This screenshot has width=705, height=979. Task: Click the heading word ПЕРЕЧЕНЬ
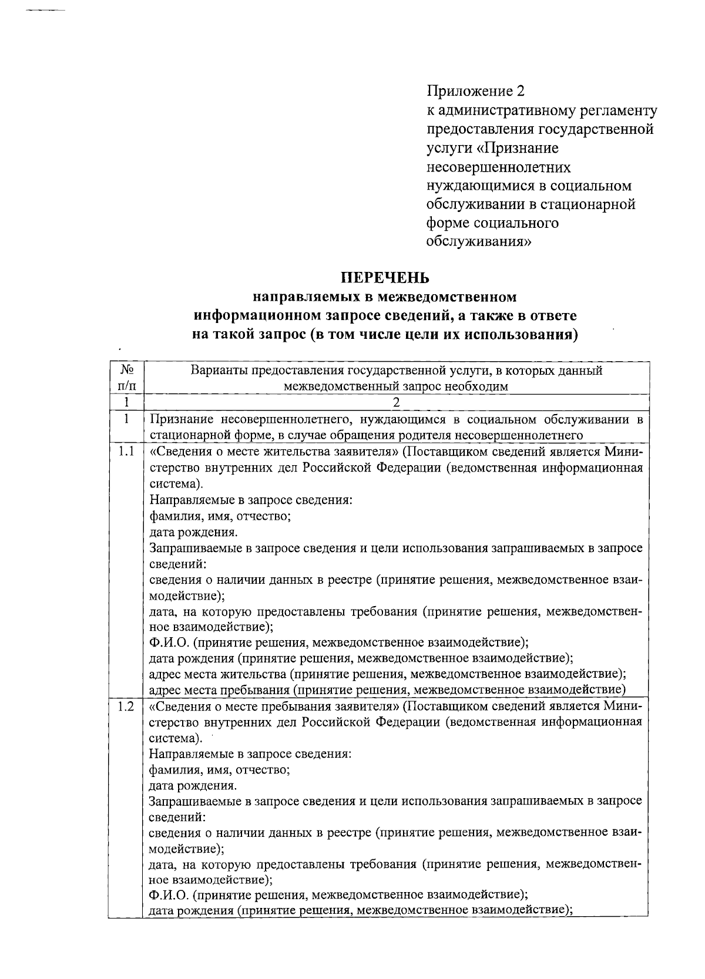[x=386, y=277]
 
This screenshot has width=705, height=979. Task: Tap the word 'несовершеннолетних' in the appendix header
[x=498, y=167]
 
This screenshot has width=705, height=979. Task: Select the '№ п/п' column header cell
[x=126, y=378]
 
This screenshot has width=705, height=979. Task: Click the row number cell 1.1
[x=126, y=452]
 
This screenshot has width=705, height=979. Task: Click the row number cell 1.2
[x=126, y=707]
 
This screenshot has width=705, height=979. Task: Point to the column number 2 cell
[x=396, y=402]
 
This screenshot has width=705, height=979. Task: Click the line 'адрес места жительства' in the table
[x=217, y=674]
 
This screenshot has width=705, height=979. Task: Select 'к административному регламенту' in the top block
[x=542, y=110]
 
